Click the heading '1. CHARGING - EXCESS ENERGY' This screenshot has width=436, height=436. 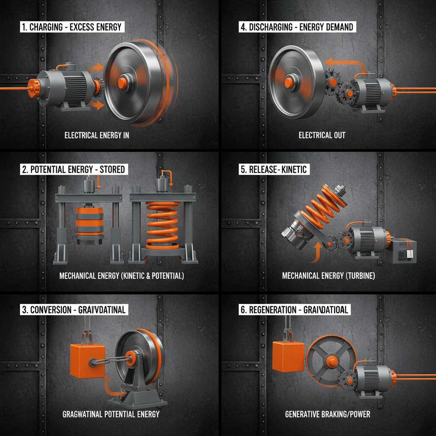pos(72,27)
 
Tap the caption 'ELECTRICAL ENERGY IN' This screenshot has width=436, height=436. pos(97,135)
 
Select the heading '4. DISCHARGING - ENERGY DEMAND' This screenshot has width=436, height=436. pos(297,27)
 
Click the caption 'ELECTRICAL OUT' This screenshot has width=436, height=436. pos(322,135)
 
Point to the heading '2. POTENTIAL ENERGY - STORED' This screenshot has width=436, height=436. pos(74,169)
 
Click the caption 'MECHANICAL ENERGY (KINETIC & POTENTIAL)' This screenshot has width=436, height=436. pos(122,276)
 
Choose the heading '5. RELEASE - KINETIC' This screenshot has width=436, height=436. pos(273,169)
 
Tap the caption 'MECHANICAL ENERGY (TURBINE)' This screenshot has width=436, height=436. pos(328,276)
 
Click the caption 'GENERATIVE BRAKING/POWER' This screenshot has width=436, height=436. pos(327,414)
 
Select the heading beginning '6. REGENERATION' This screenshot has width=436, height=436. pos(294,310)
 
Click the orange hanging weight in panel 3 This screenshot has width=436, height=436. pos(87,361)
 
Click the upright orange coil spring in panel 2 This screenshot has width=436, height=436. pos(162,225)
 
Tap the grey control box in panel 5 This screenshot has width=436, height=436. pos(404,251)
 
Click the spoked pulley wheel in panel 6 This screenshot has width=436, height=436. pos(331,361)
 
